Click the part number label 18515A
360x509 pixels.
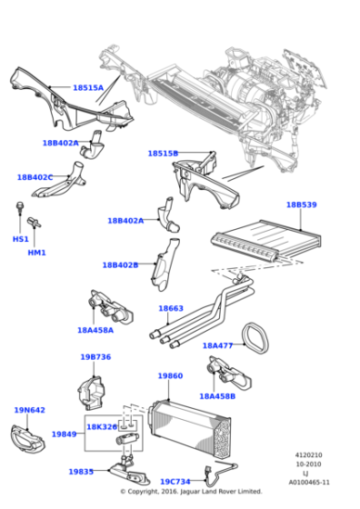pyautogui.click(x=88, y=88)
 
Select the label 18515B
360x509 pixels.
pyautogui.click(x=163, y=154)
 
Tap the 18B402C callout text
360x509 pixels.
pyautogui.click(x=35, y=177)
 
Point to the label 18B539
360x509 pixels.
pyautogui.click(x=301, y=205)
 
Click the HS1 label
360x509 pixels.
pyautogui.click(x=20, y=239)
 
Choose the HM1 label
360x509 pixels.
pyautogui.click(x=36, y=253)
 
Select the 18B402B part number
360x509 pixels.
pyautogui.click(x=120, y=265)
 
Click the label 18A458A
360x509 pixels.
pyautogui.click(x=95, y=331)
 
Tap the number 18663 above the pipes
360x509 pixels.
pyautogui.click(x=171, y=308)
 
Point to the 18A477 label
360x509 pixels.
pyautogui.click(x=217, y=345)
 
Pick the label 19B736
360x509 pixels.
pyautogui.click(x=95, y=357)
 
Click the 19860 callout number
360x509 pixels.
pyautogui.click(x=170, y=375)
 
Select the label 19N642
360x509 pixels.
pyautogui.click(x=29, y=410)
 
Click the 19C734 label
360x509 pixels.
pyautogui.click(x=175, y=482)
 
